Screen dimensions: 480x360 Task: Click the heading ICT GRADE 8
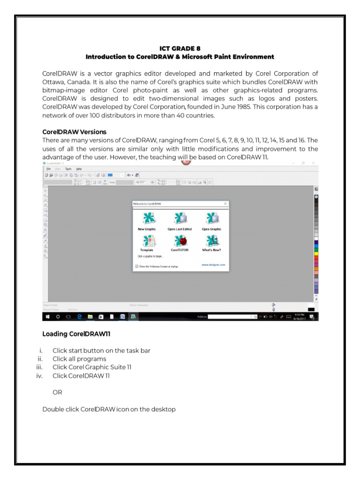pos(180,48)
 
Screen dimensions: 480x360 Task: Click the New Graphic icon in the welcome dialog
pos(147,219)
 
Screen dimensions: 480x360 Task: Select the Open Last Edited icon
pos(180,219)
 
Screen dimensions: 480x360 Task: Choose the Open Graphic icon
pos(211,219)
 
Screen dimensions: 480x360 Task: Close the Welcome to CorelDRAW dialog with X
pos(225,204)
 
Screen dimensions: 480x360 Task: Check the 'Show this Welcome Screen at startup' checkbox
pos(137,266)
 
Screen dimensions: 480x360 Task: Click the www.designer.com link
pos(213,264)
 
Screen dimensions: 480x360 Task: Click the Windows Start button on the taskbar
pos(47,317)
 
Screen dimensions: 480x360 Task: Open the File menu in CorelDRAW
pos(48,168)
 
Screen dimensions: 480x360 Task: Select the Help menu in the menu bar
pos(79,168)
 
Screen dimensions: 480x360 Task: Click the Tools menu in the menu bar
pos(68,168)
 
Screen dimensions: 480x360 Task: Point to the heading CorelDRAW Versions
pos(75,132)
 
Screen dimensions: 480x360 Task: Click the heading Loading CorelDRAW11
pos(76,334)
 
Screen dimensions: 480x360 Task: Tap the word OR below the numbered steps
pos(57,392)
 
